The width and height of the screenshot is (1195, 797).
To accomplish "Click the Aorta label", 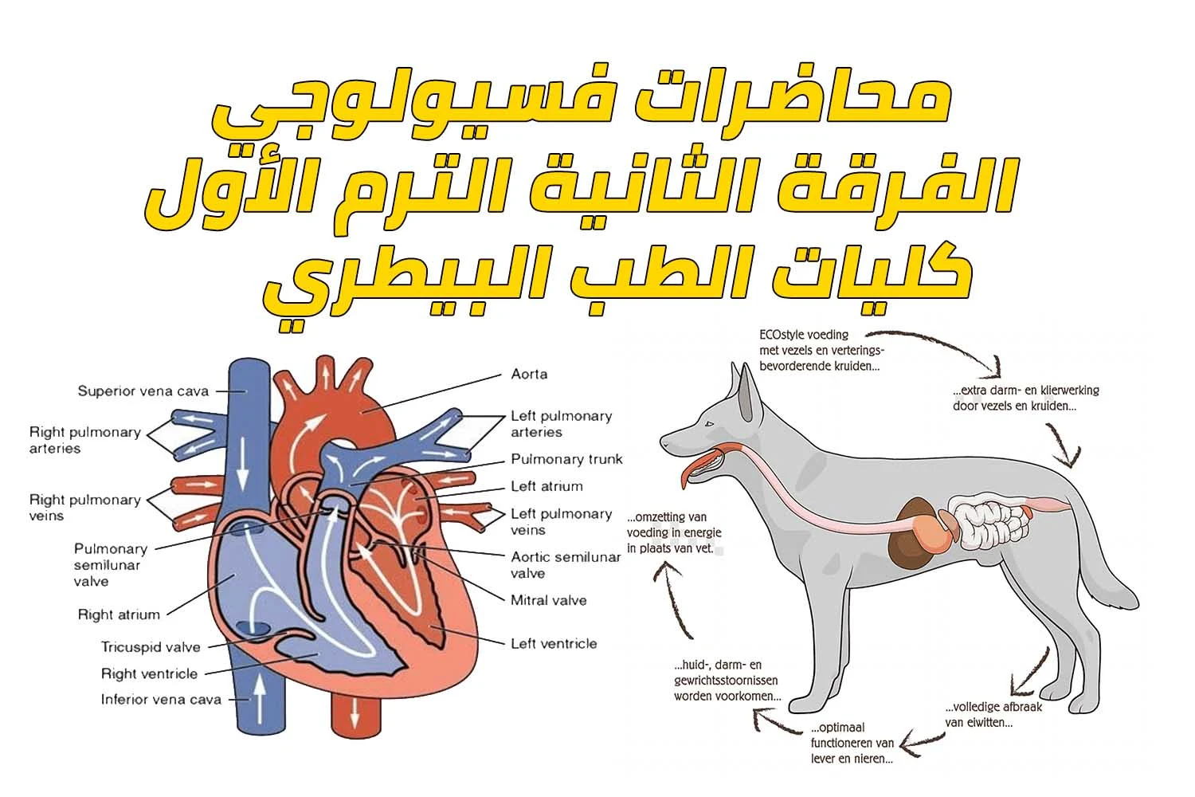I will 529,374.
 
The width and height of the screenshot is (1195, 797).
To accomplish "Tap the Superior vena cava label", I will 143,391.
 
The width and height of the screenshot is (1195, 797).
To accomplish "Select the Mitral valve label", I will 548,600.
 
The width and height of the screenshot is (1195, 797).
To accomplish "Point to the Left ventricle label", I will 554,643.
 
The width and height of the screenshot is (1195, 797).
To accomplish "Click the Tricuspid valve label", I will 151,647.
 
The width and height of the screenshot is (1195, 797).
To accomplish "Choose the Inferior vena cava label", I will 161,700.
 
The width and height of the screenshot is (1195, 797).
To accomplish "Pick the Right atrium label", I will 119,614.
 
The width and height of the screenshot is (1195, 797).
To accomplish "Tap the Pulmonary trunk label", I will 566,459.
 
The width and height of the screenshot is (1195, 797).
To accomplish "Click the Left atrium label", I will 547,486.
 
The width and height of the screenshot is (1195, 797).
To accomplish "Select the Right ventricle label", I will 149,673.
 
